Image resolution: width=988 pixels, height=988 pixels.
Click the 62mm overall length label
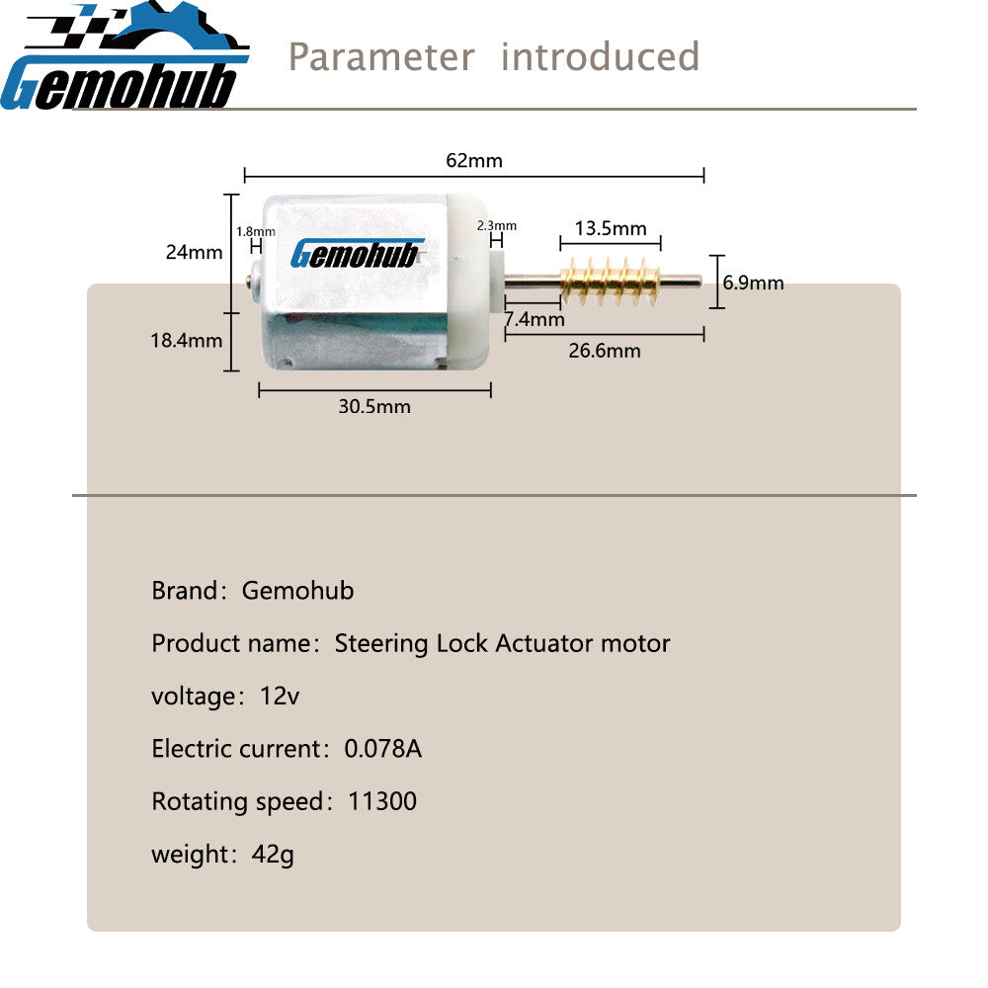[x=474, y=161]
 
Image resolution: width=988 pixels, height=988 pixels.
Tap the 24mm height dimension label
[x=194, y=252]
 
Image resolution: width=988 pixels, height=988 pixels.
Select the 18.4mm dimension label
[x=187, y=340]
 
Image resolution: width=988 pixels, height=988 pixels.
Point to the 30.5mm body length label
[x=374, y=406]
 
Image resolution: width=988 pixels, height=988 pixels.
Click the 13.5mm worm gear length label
[x=611, y=228]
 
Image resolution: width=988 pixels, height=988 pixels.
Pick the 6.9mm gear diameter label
[x=754, y=283]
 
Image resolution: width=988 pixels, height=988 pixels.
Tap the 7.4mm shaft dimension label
[x=535, y=319]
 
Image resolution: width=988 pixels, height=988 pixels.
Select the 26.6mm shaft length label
[x=605, y=351]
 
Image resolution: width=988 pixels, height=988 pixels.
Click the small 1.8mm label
[x=256, y=232]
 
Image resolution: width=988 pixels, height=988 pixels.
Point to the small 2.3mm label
[x=497, y=225]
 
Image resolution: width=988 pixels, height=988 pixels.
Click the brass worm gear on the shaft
[x=610, y=281]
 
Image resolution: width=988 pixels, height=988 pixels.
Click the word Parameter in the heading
[x=381, y=56]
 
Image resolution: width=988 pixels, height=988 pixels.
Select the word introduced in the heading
[x=600, y=56]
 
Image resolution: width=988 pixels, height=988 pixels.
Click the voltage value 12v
[x=280, y=696]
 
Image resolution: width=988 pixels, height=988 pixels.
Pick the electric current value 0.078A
[x=383, y=749]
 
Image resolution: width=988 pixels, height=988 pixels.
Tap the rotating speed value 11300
[x=381, y=801]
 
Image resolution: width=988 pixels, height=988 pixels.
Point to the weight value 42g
[x=273, y=855]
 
